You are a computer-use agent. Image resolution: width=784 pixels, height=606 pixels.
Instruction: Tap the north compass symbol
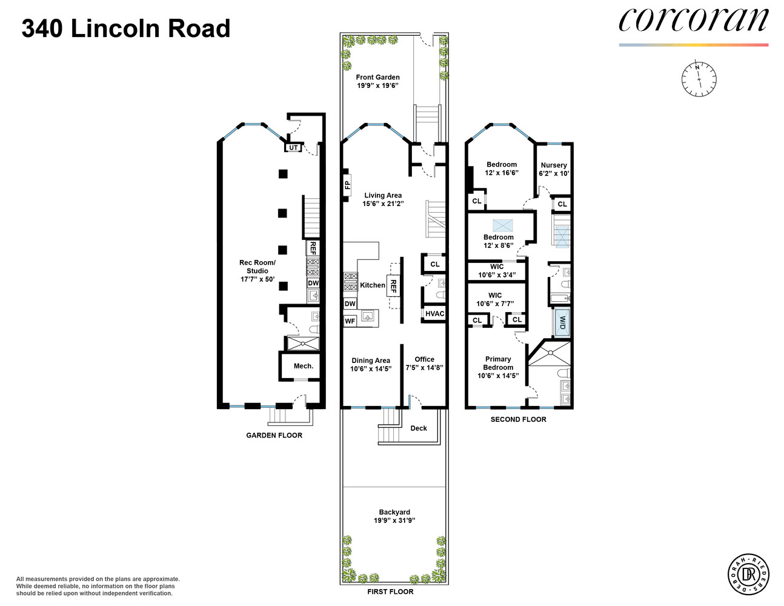(699, 79)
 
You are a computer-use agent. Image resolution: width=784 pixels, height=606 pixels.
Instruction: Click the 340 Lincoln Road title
(126, 28)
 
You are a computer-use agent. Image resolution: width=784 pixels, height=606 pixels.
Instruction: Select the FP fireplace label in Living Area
(347, 185)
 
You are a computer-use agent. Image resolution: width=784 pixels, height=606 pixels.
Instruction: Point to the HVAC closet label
(434, 314)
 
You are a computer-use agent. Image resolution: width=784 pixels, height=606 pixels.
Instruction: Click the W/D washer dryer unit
(562, 322)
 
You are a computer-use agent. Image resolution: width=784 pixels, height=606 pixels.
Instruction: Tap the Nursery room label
(554, 165)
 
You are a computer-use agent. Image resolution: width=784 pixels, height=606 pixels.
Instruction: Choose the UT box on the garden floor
(293, 147)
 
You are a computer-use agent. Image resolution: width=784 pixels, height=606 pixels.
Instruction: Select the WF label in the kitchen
(350, 321)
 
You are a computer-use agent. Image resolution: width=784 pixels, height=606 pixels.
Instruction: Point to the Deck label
(419, 428)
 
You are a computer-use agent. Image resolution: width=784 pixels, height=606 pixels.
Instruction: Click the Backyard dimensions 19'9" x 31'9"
(394, 521)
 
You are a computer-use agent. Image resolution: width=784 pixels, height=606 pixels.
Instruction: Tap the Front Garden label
(377, 77)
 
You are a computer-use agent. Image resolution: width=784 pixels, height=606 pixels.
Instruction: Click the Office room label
(424, 359)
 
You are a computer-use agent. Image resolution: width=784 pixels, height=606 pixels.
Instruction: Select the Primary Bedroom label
(498, 363)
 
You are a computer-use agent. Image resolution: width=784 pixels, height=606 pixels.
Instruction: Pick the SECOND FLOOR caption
(518, 419)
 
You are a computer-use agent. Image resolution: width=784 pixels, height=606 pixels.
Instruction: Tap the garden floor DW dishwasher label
(313, 283)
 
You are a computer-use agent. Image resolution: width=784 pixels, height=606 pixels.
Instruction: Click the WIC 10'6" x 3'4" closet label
(497, 270)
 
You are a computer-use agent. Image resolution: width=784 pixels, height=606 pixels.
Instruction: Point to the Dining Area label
(371, 361)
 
